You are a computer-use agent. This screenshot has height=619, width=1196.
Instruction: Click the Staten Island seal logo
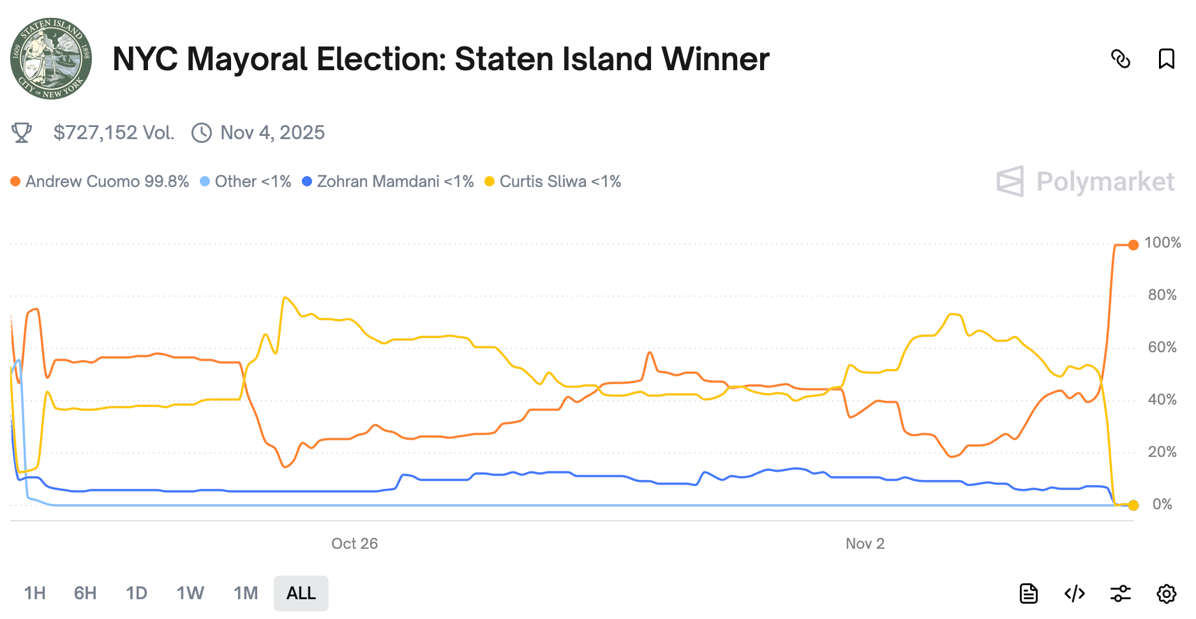[x=51, y=59]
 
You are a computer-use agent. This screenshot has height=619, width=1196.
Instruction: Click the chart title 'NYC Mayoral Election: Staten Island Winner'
[x=440, y=59]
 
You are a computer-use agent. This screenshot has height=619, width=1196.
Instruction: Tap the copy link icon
[x=1120, y=59]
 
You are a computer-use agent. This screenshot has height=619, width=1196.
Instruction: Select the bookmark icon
[x=1166, y=59]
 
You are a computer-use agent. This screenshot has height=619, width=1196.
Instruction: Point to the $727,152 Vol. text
[x=114, y=133]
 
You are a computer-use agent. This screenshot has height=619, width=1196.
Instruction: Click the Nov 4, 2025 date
[x=272, y=133]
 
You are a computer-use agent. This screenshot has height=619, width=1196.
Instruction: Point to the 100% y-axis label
[x=1162, y=243]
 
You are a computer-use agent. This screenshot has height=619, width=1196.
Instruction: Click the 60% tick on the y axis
[x=1162, y=348]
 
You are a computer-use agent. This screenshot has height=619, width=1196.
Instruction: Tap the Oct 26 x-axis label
[x=354, y=544]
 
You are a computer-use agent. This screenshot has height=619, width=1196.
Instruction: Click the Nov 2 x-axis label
[x=865, y=544]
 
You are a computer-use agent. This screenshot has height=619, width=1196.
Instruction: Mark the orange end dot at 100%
[x=1133, y=245]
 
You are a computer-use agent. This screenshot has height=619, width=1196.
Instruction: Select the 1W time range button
[x=190, y=593]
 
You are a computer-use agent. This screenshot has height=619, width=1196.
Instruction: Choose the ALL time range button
[x=301, y=593]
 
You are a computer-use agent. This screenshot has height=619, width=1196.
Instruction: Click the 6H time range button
[x=85, y=593]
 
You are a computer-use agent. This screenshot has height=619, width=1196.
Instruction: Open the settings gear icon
[x=1166, y=593]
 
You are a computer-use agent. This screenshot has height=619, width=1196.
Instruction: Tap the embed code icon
[x=1075, y=593]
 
